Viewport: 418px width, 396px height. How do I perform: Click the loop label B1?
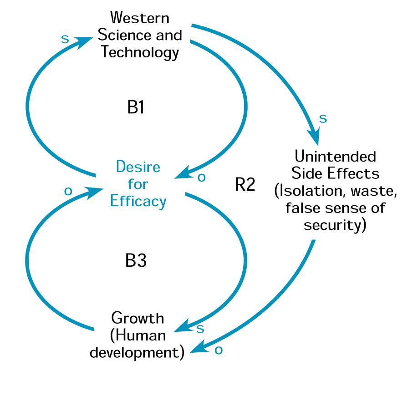(x=136, y=107)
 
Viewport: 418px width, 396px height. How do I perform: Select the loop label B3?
(x=136, y=261)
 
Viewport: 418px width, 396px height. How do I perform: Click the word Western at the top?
(x=140, y=18)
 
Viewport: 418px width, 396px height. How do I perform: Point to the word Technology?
(x=140, y=52)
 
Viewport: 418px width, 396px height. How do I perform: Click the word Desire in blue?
(x=138, y=167)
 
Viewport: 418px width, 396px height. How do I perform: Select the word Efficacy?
(x=138, y=201)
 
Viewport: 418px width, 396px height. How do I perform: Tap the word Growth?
(x=138, y=317)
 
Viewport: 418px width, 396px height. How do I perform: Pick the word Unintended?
(x=336, y=156)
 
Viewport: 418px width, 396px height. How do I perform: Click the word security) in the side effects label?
(x=335, y=225)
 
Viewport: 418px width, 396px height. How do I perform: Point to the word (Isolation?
(x=308, y=191)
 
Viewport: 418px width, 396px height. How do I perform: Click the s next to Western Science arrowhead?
(x=65, y=39)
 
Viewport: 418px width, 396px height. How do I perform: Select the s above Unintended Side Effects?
(x=323, y=118)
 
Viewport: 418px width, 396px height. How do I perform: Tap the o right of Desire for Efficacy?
(x=201, y=178)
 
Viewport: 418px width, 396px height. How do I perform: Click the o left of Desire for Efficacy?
(x=68, y=191)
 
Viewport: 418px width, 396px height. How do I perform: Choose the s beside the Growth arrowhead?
(x=199, y=328)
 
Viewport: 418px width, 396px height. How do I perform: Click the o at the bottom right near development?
(x=219, y=350)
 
